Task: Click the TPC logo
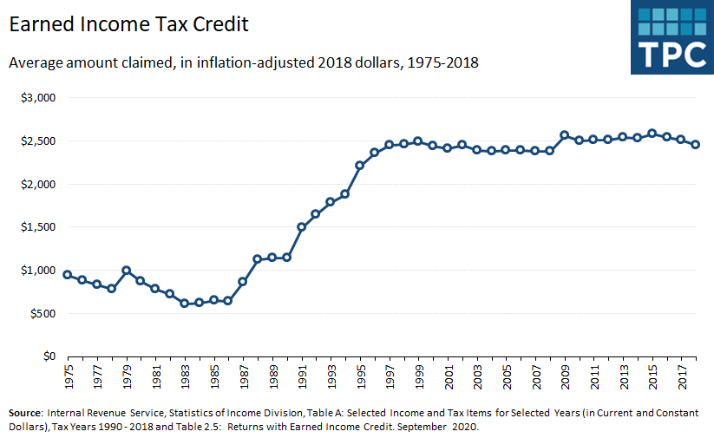671,37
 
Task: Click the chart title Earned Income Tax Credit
128,24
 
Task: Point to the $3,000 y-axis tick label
38,98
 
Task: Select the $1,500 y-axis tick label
38,227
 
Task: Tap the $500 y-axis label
42,313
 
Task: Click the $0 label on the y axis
49,356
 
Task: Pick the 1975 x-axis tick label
67,377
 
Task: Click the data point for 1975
67,274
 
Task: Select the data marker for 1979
126,270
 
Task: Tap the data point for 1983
184,303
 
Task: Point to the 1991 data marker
301,226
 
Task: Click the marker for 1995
359,165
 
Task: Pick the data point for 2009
564,135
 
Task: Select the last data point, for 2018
696,145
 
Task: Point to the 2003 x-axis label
476,377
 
